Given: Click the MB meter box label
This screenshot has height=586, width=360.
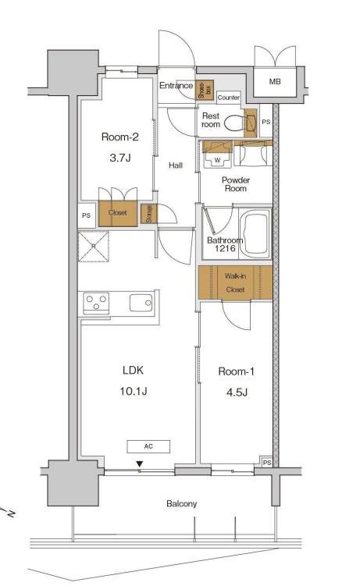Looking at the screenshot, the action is (x=275, y=81).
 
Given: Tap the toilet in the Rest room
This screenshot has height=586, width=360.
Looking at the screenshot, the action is (x=235, y=123).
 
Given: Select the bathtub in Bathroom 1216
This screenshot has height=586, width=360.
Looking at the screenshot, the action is (x=255, y=234).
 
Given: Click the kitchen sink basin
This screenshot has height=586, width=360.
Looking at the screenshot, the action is (x=141, y=303).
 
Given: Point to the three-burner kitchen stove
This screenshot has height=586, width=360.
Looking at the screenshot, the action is (x=96, y=303).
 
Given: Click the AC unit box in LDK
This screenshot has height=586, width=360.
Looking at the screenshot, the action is (x=148, y=446).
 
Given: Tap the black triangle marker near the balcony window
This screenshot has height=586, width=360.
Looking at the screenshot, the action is (x=140, y=463).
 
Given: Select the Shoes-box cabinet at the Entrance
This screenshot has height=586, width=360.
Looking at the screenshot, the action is (x=205, y=90).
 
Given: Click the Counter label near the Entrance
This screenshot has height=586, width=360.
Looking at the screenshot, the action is (x=228, y=98).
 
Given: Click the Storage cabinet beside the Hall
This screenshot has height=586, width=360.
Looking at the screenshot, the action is (x=149, y=214).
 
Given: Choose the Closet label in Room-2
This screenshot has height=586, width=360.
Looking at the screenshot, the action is (x=118, y=213).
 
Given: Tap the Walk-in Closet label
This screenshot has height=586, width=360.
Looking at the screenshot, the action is (x=235, y=282).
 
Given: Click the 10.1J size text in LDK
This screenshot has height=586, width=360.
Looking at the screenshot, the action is (x=134, y=391).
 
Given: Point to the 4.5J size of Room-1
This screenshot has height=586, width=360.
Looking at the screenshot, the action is (x=237, y=392).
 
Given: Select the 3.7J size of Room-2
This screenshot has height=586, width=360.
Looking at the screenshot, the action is (x=120, y=158).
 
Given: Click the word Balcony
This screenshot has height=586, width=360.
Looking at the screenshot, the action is (x=182, y=504).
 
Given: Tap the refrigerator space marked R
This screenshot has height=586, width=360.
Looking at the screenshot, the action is (x=94, y=247).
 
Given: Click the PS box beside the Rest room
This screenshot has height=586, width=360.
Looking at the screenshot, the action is (x=266, y=122).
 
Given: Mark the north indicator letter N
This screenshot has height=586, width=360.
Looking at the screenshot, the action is (x=11, y=515).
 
